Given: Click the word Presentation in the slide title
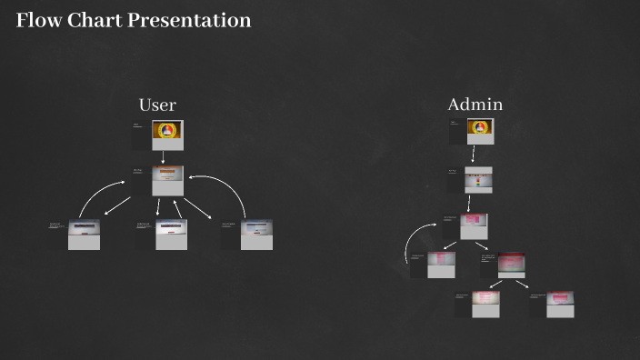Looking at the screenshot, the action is tap(189, 20).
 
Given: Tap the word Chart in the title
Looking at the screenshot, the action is tap(92, 20).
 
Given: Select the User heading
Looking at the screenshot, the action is tap(157, 105).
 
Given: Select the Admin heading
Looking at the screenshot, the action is tap(475, 105).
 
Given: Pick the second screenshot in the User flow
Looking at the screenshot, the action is tap(167, 180).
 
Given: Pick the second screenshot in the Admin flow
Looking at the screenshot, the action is tap(478, 179).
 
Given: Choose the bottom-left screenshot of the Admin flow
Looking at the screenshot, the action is tap(485, 304).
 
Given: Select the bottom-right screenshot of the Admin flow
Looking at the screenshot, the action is tap(560, 304).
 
